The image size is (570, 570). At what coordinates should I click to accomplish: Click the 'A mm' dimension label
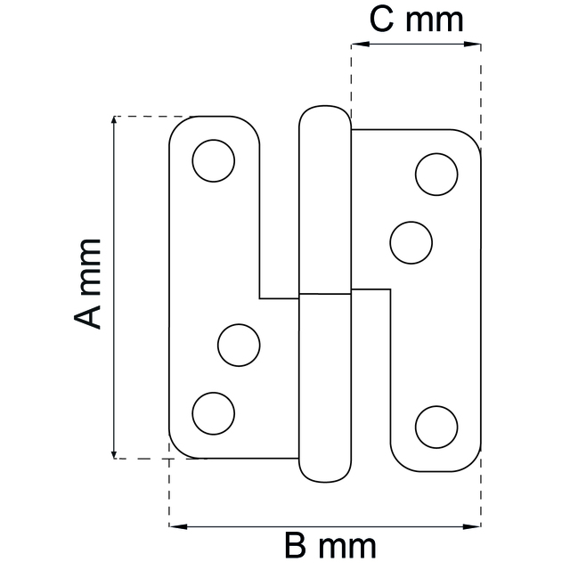[86, 283]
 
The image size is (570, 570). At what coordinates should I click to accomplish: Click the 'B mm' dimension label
[330, 544]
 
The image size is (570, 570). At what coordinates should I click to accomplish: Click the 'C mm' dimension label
[417, 20]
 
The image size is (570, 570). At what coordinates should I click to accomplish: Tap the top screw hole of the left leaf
[214, 161]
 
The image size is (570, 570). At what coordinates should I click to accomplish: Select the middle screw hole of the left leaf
[239, 345]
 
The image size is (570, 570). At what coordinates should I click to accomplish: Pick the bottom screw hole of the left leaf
[214, 412]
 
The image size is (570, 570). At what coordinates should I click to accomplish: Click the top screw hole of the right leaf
[436, 175]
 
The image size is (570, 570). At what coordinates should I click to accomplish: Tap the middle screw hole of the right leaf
[411, 241]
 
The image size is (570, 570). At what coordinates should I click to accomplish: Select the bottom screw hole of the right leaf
[436, 426]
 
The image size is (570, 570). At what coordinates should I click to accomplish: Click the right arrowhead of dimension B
[475, 526]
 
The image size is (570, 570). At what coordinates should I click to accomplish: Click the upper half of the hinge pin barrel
[324, 205]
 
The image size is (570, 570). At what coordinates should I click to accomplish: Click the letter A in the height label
[86, 313]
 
